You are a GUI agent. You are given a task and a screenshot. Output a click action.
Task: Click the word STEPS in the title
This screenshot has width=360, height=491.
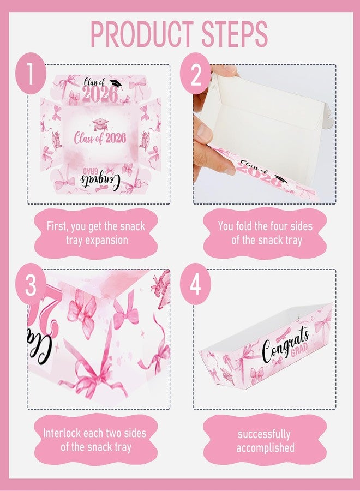[x=235, y=34]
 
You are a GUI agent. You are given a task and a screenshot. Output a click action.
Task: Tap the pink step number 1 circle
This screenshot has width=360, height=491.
[x=31, y=73]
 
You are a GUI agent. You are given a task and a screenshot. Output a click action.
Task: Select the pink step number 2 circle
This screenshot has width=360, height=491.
[x=196, y=73]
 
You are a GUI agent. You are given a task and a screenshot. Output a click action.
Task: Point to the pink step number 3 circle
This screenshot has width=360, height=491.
[x=31, y=284]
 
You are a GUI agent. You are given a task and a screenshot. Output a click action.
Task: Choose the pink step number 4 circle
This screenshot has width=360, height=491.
[x=196, y=284]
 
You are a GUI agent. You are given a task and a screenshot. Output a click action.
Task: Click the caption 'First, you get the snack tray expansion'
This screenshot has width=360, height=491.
[x=96, y=233]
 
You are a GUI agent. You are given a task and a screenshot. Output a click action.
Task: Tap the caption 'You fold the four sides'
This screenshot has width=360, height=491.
[x=266, y=226]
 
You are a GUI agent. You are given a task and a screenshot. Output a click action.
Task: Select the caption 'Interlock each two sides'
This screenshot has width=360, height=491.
[x=94, y=433]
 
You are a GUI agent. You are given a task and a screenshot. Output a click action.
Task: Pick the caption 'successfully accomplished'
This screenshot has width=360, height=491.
[x=265, y=441]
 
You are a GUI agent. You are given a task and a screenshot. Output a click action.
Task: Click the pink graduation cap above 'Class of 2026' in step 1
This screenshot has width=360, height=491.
[x=100, y=124]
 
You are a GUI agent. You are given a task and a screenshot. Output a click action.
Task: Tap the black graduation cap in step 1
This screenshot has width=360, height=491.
[x=115, y=83]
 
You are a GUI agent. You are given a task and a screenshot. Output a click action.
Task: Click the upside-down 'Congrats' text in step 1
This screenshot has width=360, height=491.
[x=100, y=179]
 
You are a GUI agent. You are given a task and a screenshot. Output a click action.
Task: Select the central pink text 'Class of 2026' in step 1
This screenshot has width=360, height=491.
[x=100, y=138]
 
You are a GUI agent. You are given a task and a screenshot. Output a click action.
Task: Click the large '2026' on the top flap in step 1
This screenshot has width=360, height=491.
[x=100, y=94]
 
